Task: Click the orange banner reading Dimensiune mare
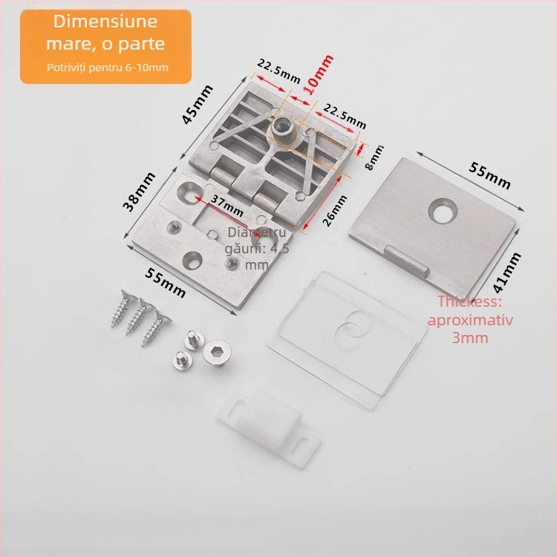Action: [x=105, y=47]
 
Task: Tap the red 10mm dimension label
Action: [x=319, y=74]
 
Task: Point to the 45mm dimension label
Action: [x=198, y=104]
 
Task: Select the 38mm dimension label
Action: [x=139, y=192]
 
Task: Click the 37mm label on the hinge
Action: [x=227, y=206]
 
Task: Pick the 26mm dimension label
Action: [x=334, y=211]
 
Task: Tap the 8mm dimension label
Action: [x=374, y=157]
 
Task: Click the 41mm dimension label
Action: [x=507, y=273]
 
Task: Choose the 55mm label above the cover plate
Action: [x=489, y=175]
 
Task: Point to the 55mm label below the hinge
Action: [x=165, y=283]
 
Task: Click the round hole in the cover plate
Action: [x=443, y=210]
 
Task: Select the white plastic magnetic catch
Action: [x=270, y=427]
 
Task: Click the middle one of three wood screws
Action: [x=139, y=316]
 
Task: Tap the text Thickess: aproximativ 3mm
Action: [x=470, y=319]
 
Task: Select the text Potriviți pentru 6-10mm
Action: [x=108, y=68]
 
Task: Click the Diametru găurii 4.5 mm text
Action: [x=256, y=249]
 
